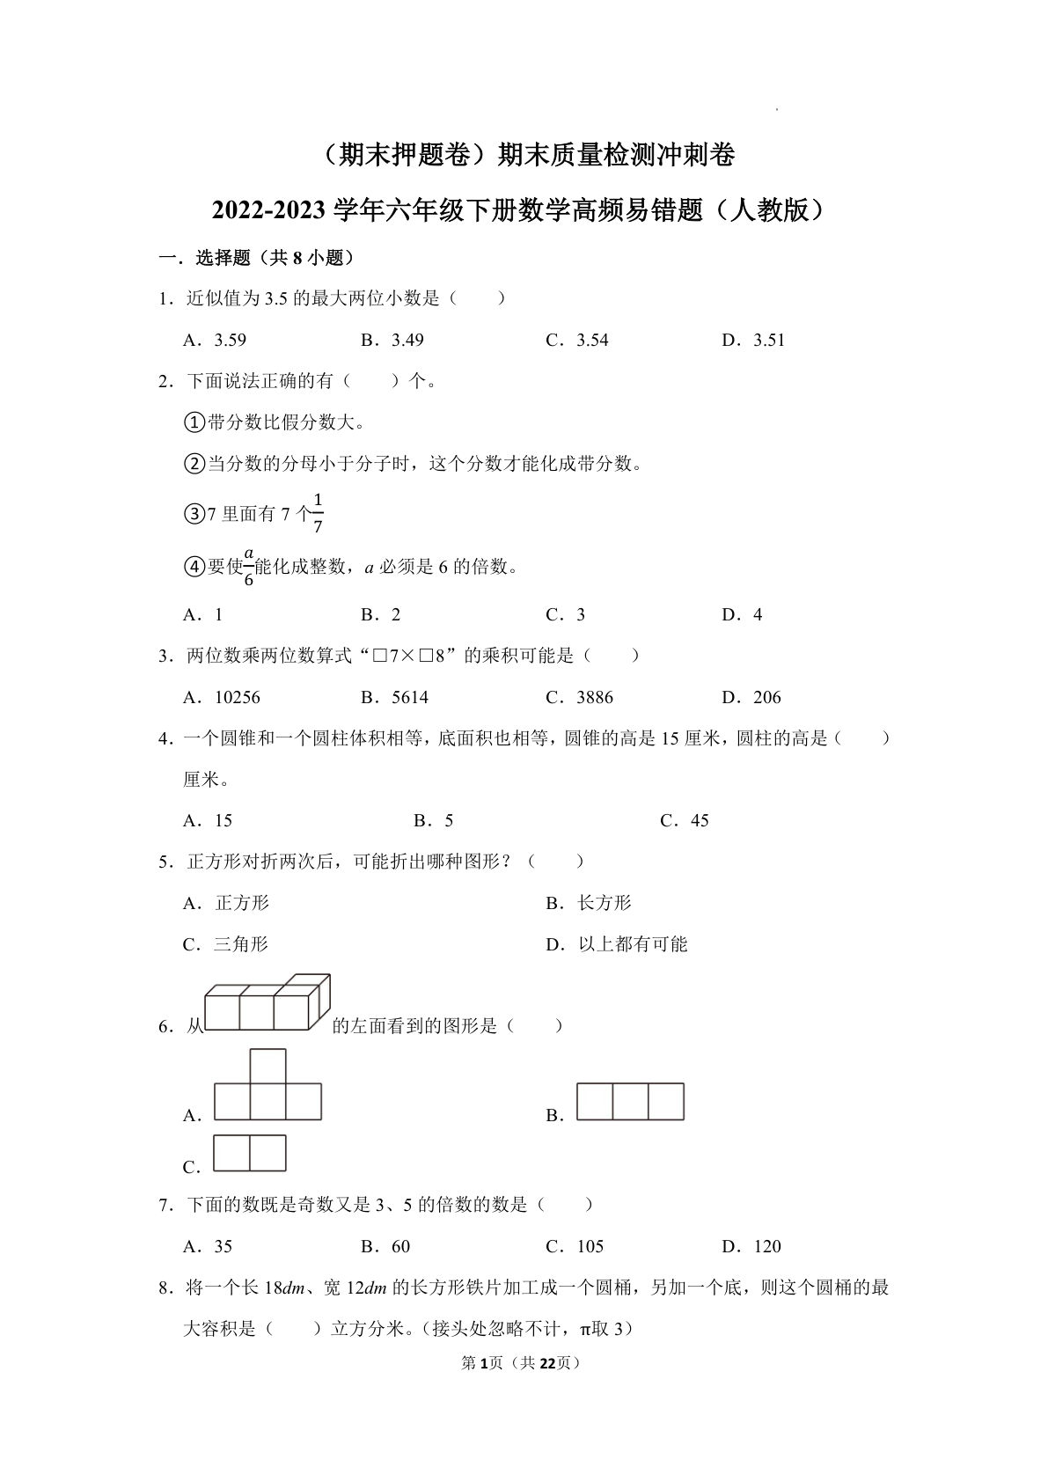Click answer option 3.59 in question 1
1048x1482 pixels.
(230, 341)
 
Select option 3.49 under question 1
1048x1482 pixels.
(407, 341)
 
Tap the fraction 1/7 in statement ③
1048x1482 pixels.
(318, 514)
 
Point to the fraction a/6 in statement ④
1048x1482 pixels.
(248, 567)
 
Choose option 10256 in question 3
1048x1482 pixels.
(237, 698)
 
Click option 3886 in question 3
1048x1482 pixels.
(594, 698)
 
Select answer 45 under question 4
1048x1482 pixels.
(699, 821)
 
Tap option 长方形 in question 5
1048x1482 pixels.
(604, 903)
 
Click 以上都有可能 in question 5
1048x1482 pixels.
(632, 944)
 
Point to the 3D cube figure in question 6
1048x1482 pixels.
(267, 1002)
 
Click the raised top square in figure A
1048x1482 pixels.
(267, 1066)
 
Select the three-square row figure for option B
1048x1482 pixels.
(630, 1102)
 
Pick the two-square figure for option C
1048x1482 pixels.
(250, 1153)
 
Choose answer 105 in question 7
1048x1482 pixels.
(590, 1247)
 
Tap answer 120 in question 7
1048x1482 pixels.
(766, 1247)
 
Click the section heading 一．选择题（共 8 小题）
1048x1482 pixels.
(256, 258)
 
